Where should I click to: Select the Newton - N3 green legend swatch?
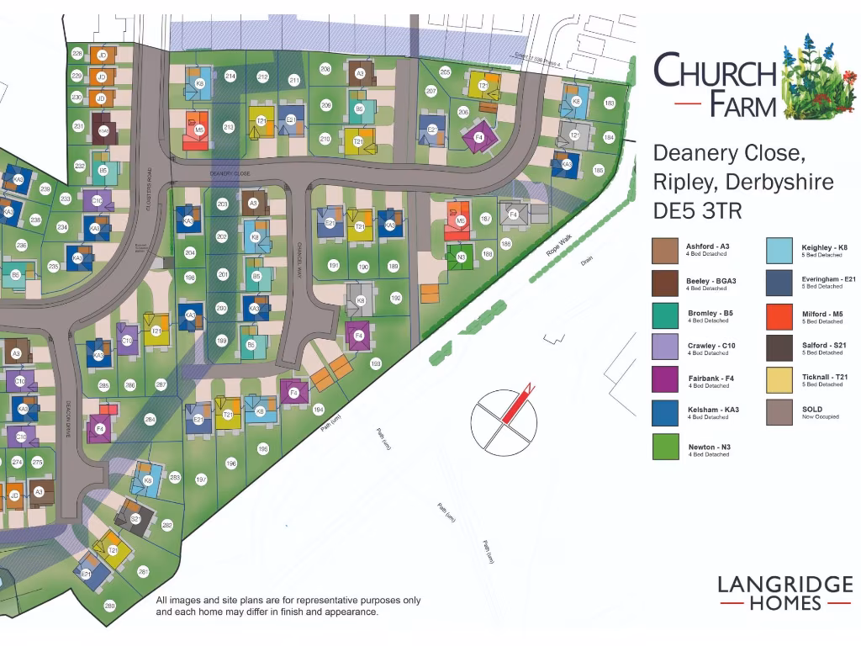pos(665,446)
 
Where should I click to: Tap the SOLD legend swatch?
pos(779,412)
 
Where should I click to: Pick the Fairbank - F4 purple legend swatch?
pos(665,380)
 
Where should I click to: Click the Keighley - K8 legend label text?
pos(824,247)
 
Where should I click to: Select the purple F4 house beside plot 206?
pos(478,137)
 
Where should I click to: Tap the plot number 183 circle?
pos(610,103)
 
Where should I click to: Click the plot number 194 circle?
pos(318,410)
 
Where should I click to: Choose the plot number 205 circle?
pos(445,72)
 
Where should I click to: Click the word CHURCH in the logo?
pos(715,71)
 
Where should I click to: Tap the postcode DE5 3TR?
pos(698,211)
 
